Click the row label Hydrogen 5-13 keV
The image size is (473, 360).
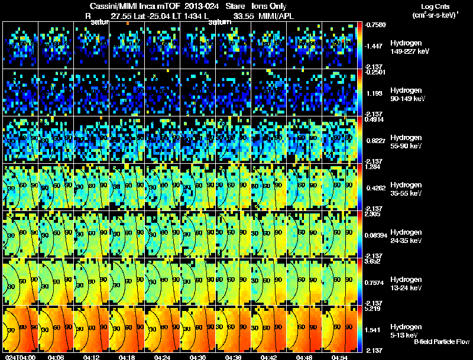pos(407,331)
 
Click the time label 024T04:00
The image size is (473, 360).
pos(20,357)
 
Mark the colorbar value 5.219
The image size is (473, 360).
pos(374,309)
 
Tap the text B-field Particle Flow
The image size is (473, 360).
pos(441,342)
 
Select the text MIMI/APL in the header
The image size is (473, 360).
pos(293,16)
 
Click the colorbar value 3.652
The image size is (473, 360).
pos(374,261)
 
